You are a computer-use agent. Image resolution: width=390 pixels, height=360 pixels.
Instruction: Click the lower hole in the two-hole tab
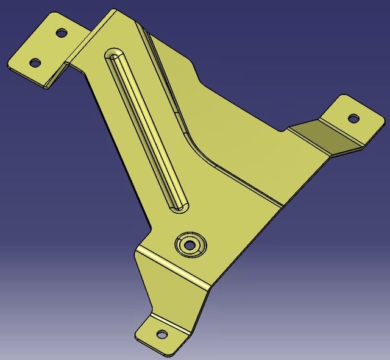point(35,62)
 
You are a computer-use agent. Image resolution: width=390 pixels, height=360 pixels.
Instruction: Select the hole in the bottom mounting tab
point(162,334)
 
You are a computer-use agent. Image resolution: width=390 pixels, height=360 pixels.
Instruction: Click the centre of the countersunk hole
point(190,244)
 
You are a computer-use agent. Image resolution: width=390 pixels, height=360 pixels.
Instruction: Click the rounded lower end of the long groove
point(180,205)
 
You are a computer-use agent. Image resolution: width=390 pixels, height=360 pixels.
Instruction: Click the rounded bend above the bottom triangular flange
point(174,269)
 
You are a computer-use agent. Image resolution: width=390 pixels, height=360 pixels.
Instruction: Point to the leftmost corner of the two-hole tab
point(8,65)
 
